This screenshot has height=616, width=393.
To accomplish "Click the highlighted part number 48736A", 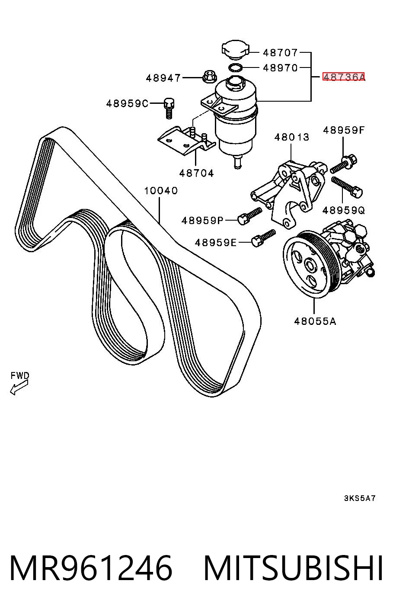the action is pyautogui.click(x=344, y=77).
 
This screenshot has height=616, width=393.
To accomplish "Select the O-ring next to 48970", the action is pyautogui.click(x=235, y=67).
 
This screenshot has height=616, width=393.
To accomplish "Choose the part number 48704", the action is pyautogui.click(x=196, y=173).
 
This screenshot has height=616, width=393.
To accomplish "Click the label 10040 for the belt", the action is pyautogui.click(x=161, y=190).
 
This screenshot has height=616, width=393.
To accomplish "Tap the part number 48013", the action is pyautogui.click(x=291, y=137).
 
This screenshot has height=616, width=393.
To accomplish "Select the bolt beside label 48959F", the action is pyautogui.click(x=343, y=164).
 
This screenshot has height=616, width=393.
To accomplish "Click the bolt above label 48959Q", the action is pyautogui.click(x=347, y=187).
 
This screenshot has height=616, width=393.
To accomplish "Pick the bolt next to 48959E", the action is pyautogui.click(x=263, y=238).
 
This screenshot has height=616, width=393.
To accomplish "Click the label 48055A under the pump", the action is pyautogui.click(x=315, y=321).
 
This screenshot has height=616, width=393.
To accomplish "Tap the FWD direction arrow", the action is pyautogui.click(x=19, y=388).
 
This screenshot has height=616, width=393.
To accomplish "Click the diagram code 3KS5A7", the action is pyautogui.click(x=359, y=498).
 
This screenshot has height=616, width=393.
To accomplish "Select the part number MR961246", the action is pyautogui.click(x=91, y=568).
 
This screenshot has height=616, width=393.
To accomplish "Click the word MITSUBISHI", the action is pyautogui.click(x=293, y=568).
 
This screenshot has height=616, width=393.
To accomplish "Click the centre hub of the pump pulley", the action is pyautogui.click(x=311, y=265).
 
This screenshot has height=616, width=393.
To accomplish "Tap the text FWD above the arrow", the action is pyautogui.click(x=20, y=375).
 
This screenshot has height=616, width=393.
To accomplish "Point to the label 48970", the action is pyautogui.click(x=280, y=67).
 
